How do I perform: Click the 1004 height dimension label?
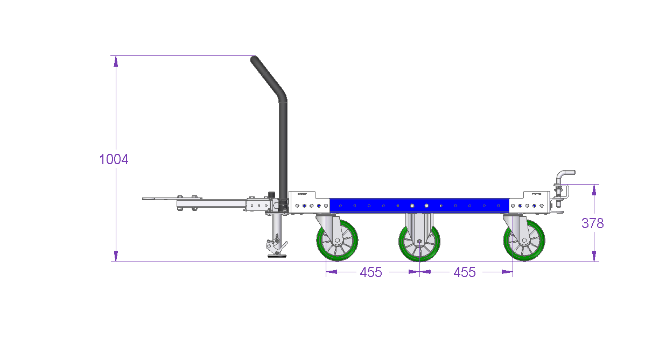[114, 159]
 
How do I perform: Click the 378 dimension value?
[593, 223]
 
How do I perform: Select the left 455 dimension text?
[371, 272]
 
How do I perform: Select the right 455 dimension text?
[465, 272]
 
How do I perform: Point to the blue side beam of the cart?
[419, 206]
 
